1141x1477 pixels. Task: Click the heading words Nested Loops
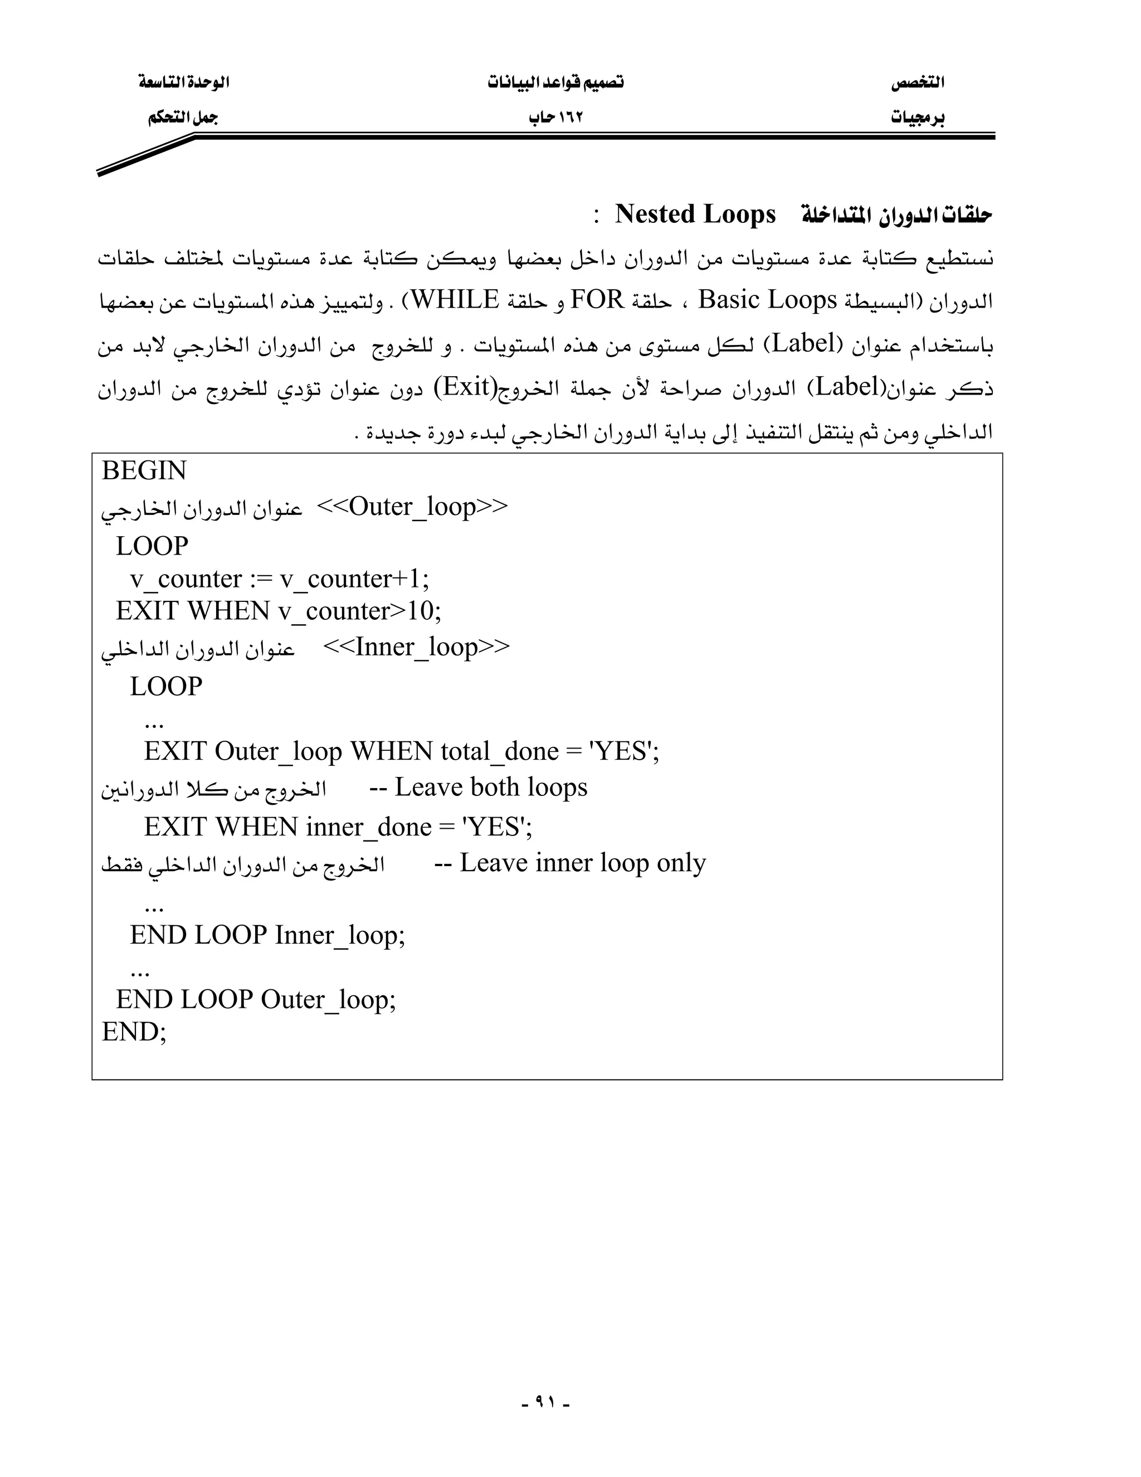(x=695, y=215)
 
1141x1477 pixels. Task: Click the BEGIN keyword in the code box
(x=144, y=471)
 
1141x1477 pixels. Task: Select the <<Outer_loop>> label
(x=412, y=507)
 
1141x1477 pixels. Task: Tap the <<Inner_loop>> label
(x=416, y=647)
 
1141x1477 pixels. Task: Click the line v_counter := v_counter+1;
(x=279, y=580)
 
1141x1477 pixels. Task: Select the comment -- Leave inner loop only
(x=570, y=863)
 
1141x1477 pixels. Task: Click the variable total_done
(x=500, y=752)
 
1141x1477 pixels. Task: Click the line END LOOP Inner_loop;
(x=267, y=935)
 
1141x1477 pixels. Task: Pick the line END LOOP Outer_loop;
(x=256, y=999)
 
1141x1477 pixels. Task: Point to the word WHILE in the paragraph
(x=455, y=300)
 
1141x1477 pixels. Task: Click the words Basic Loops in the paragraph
(x=767, y=300)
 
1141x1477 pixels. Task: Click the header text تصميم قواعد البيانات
(x=555, y=82)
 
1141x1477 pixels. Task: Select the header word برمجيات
(x=917, y=118)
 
